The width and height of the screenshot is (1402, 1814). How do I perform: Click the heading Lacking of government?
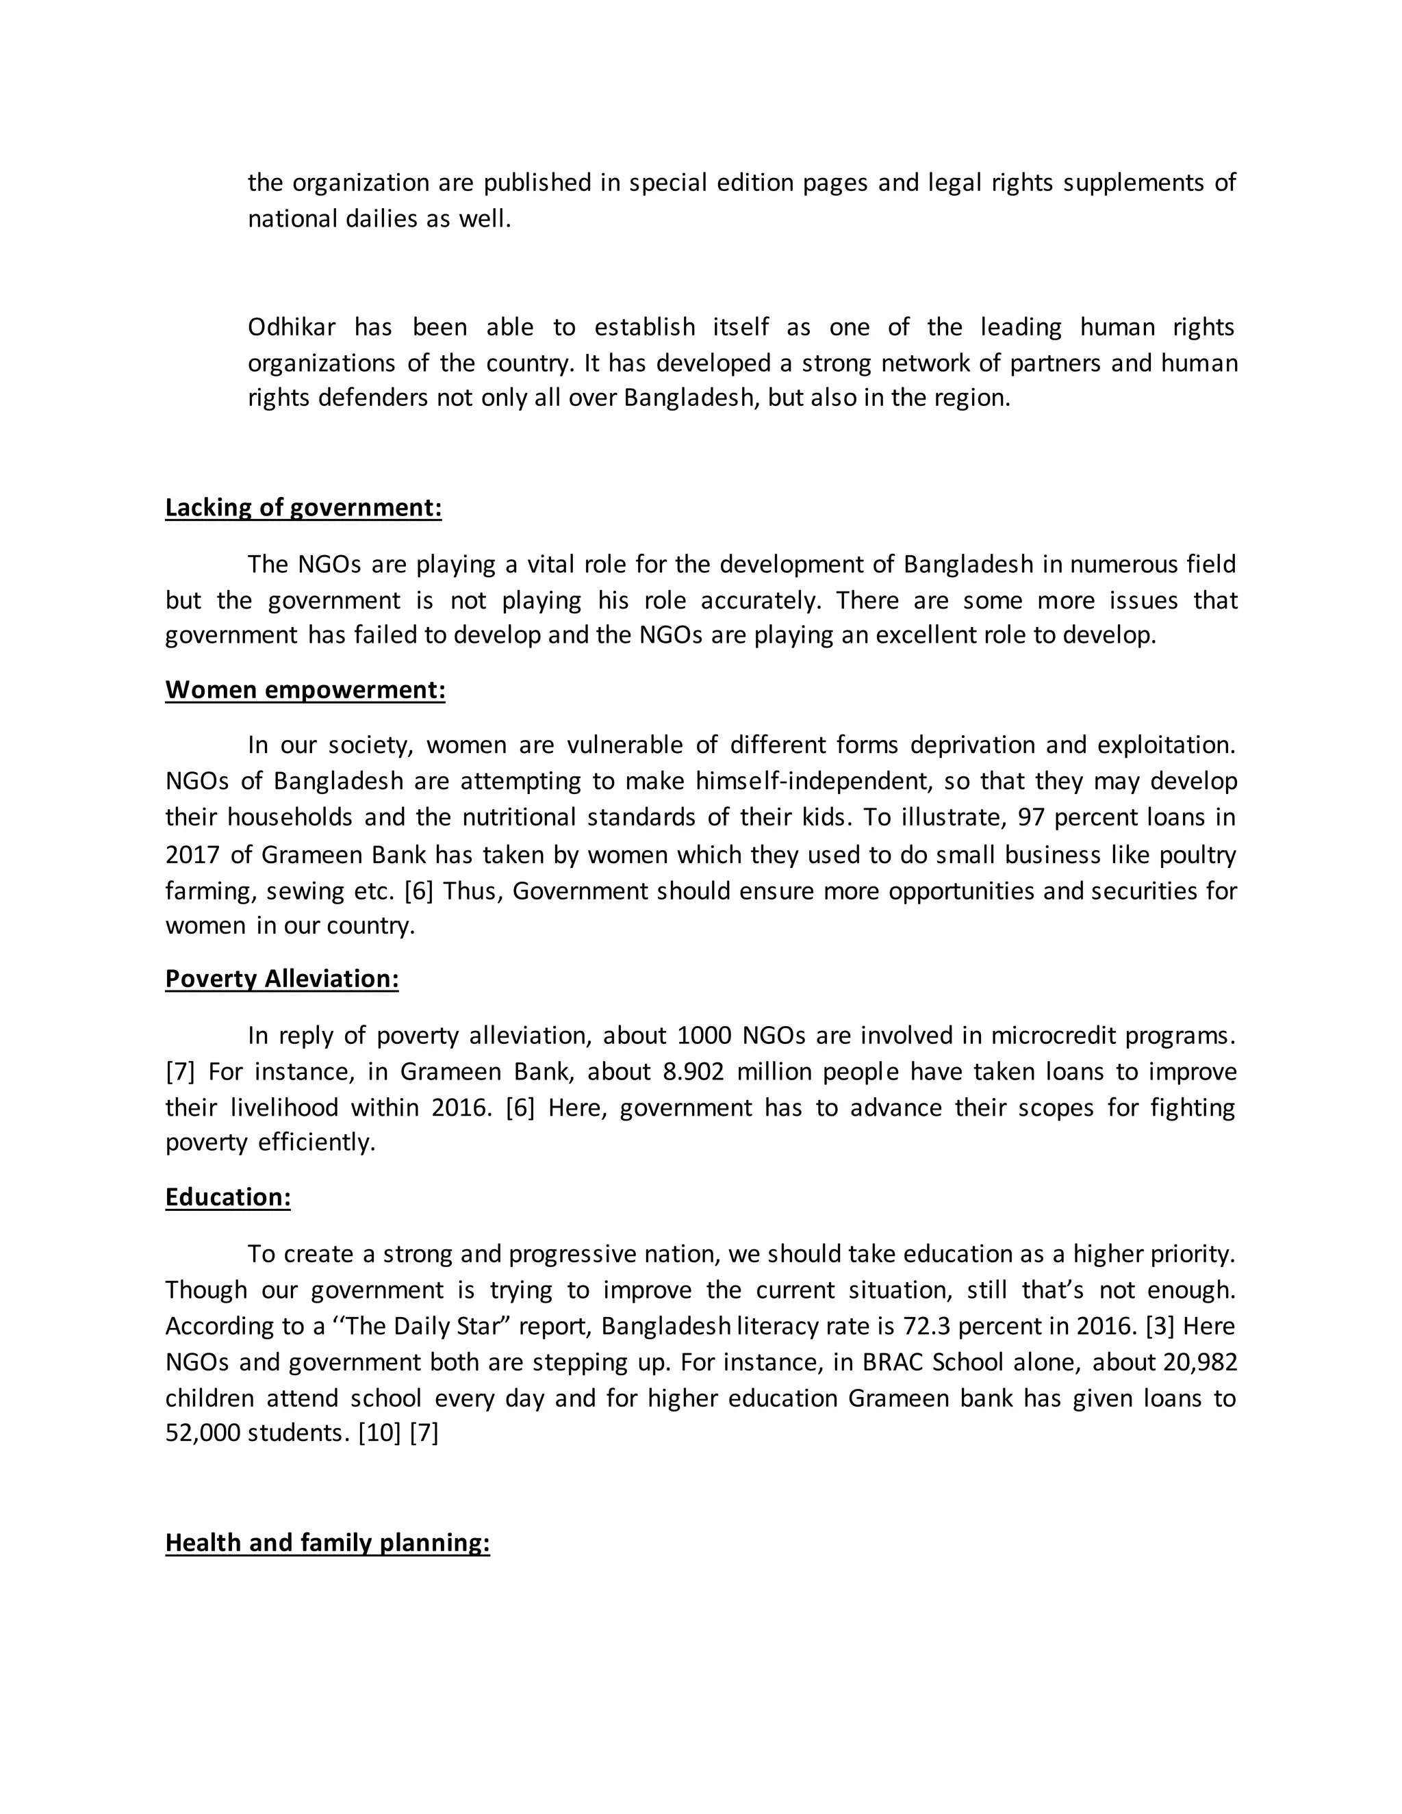tap(303, 507)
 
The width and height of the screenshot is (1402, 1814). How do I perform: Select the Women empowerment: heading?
tap(305, 690)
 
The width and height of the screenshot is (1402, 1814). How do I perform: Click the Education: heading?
tap(227, 1197)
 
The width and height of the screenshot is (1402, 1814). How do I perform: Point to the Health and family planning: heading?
tap(327, 1542)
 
